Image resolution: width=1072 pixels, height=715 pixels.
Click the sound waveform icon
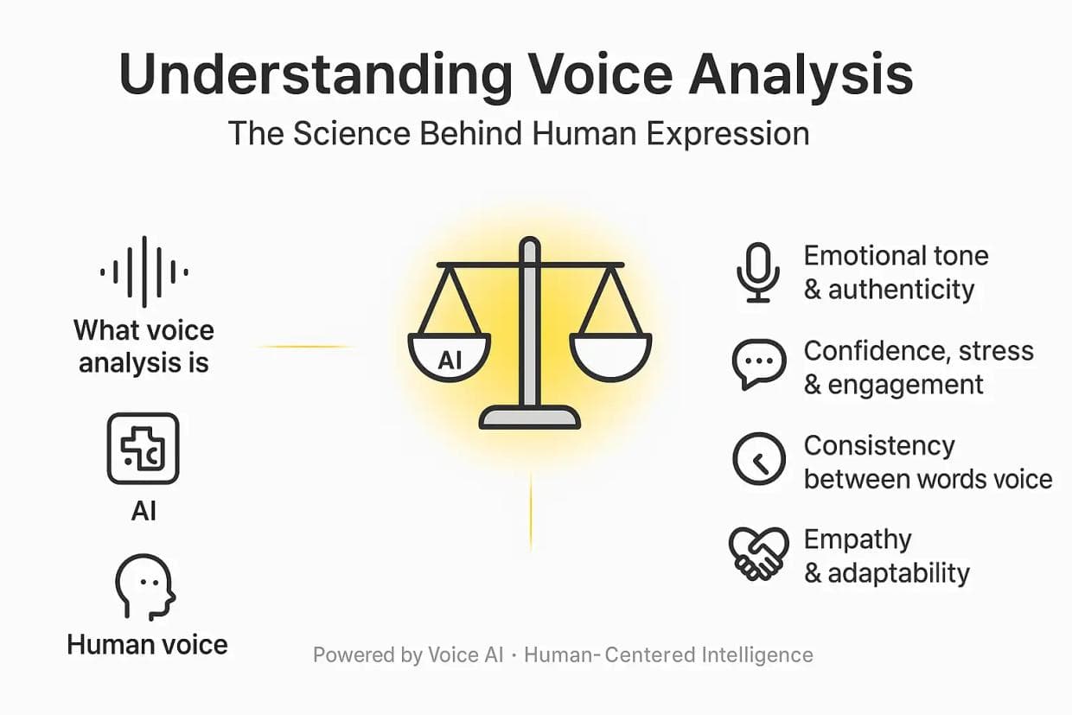(x=144, y=272)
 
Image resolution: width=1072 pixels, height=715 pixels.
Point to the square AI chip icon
(x=144, y=448)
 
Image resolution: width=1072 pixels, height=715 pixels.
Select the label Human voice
(x=148, y=644)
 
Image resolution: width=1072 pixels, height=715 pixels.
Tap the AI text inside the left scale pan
(x=450, y=359)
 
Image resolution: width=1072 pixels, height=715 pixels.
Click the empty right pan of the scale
(x=610, y=356)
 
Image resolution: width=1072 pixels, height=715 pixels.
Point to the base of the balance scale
(x=530, y=418)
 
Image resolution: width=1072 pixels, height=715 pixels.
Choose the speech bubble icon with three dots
(x=758, y=365)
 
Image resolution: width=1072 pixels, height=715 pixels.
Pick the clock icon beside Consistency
(x=758, y=459)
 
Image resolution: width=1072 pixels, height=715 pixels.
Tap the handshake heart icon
(x=758, y=553)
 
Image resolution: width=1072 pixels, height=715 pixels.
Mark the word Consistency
(x=879, y=446)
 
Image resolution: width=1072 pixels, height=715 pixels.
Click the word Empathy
(x=858, y=539)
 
